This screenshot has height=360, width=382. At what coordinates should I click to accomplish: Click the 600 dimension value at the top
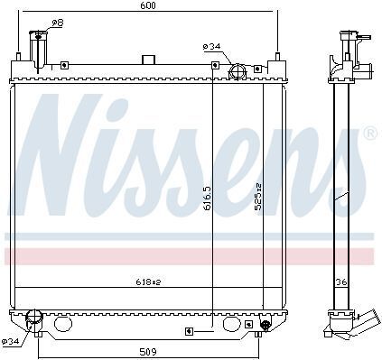coord(148,5)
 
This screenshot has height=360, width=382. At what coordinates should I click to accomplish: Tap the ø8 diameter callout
coord(57,23)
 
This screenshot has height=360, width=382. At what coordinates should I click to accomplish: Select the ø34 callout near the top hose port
coord(211,46)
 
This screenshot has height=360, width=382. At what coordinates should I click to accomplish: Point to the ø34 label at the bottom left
coord(11,341)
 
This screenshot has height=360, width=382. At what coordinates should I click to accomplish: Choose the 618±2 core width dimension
coord(148,282)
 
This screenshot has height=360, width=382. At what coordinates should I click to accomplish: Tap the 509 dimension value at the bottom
coord(148,351)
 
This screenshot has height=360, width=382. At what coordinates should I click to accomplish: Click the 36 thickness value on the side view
coord(341,282)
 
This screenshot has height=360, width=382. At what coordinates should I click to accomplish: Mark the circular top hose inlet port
coord(238,71)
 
